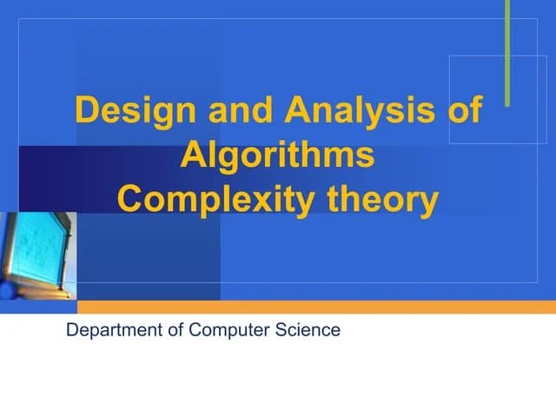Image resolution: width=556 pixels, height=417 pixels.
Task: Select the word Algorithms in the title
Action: coord(278,156)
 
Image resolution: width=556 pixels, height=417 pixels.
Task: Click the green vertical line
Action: coord(506,52)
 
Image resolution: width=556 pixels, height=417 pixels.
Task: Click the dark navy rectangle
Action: coord(52,178)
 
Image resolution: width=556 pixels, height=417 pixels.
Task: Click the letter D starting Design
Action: coord(85,112)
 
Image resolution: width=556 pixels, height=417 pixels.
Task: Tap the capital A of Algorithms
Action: coord(191,156)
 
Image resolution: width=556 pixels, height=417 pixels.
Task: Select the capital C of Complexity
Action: coord(129,200)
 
